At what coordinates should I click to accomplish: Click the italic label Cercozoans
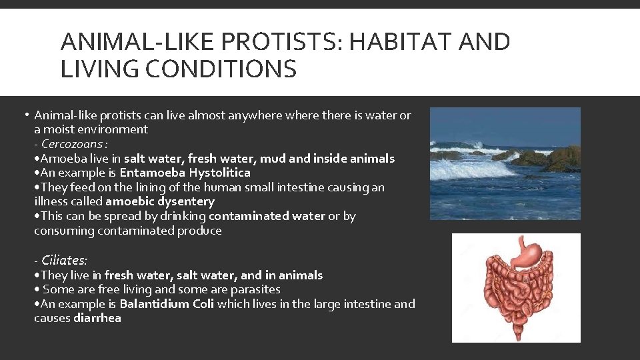coord(73,144)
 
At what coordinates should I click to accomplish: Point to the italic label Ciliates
coord(64,261)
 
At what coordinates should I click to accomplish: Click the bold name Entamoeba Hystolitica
coord(185,173)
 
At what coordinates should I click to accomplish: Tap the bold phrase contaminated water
coord(267,216)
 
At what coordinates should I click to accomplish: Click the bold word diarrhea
coord(97,319)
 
